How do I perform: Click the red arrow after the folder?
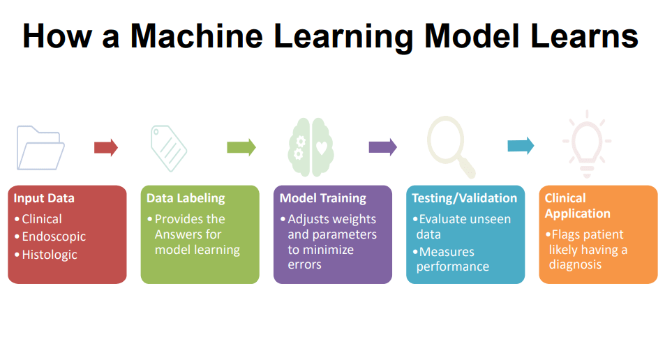(x=105, y=147)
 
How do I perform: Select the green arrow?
(x=241, y=147)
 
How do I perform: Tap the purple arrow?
(x=382, y=147)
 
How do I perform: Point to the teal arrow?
(x=521, y=146)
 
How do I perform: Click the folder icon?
(x=40, y=147)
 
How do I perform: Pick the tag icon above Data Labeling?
(x=169, y=148)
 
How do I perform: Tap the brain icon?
(x=309, y=147)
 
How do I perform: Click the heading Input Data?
(x=44, y=198)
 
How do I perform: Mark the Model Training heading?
(x=322, y=198)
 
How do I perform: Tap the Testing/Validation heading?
(x=464, y=198)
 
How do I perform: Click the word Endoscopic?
(x=54, y=237)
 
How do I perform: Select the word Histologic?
(x=50, y=255)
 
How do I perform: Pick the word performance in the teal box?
(x=453, y=267)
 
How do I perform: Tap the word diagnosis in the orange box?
(x=575, y=264)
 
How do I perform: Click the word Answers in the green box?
(x=178, y=234)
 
